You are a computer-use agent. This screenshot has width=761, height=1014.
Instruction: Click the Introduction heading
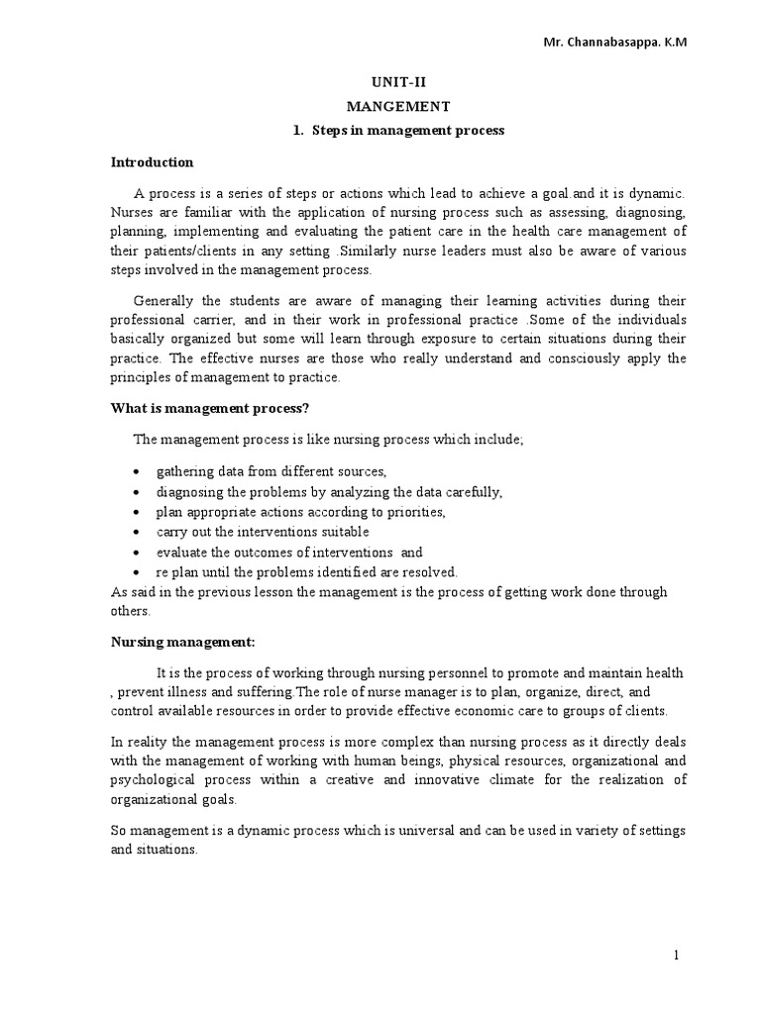pyautogui.click(x=152, y=162)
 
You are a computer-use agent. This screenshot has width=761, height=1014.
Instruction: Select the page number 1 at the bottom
pyautogui.click(x=676, y=955)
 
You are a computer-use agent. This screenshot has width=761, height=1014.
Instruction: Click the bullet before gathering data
pyautogui.click(x=136, y=471)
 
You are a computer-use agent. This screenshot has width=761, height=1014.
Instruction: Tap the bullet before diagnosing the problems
pyautogui.click(x=136, y=492)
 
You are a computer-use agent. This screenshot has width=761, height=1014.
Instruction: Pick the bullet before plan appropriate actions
pyautogui.click(x=136, y=512)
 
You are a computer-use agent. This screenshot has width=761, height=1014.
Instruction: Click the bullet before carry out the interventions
pyautogui.click(x=136, y=533)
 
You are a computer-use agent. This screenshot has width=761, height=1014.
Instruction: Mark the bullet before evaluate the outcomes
pyautogui.click(x=136, y=553)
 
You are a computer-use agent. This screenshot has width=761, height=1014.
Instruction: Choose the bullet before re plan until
pyautogui.click(x=136, y=572)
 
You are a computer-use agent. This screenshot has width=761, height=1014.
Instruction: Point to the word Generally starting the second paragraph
pyautogui.click(x=166, y=301)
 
